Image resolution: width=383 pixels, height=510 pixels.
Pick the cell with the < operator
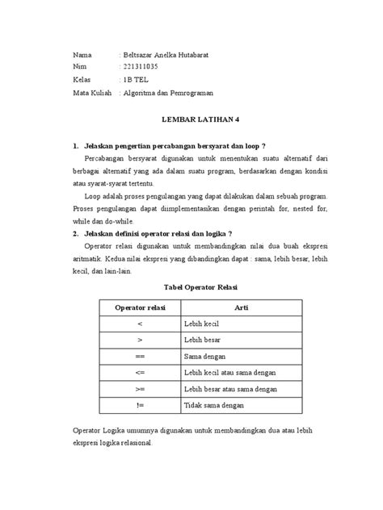pos(140,324)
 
